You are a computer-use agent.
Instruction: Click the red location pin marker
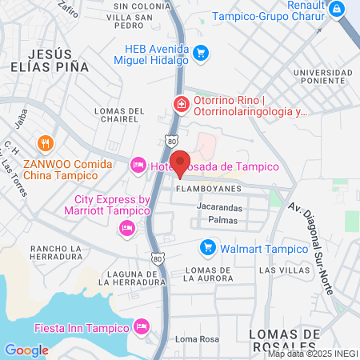click(x=182, y=162)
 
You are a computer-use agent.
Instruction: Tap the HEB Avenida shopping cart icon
click(x=202, y=54)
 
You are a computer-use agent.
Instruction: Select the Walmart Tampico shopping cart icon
click(x=208, y=248)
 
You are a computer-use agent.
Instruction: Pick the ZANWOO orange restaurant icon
click(x=45, y=145)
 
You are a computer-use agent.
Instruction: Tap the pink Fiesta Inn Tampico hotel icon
click(x=142, y=326)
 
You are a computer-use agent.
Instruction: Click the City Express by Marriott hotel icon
click(x=126, y=229)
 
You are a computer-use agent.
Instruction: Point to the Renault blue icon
click(x=338, y=9)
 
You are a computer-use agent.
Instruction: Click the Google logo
click(x=26, y=350)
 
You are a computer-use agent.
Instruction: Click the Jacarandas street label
click(x=220, y=206)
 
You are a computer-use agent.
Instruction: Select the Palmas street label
click(x=222, y=219)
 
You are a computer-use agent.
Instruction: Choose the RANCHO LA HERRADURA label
click(x=56, y=253)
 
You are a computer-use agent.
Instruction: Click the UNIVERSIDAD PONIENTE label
click(x=322, y=78)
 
